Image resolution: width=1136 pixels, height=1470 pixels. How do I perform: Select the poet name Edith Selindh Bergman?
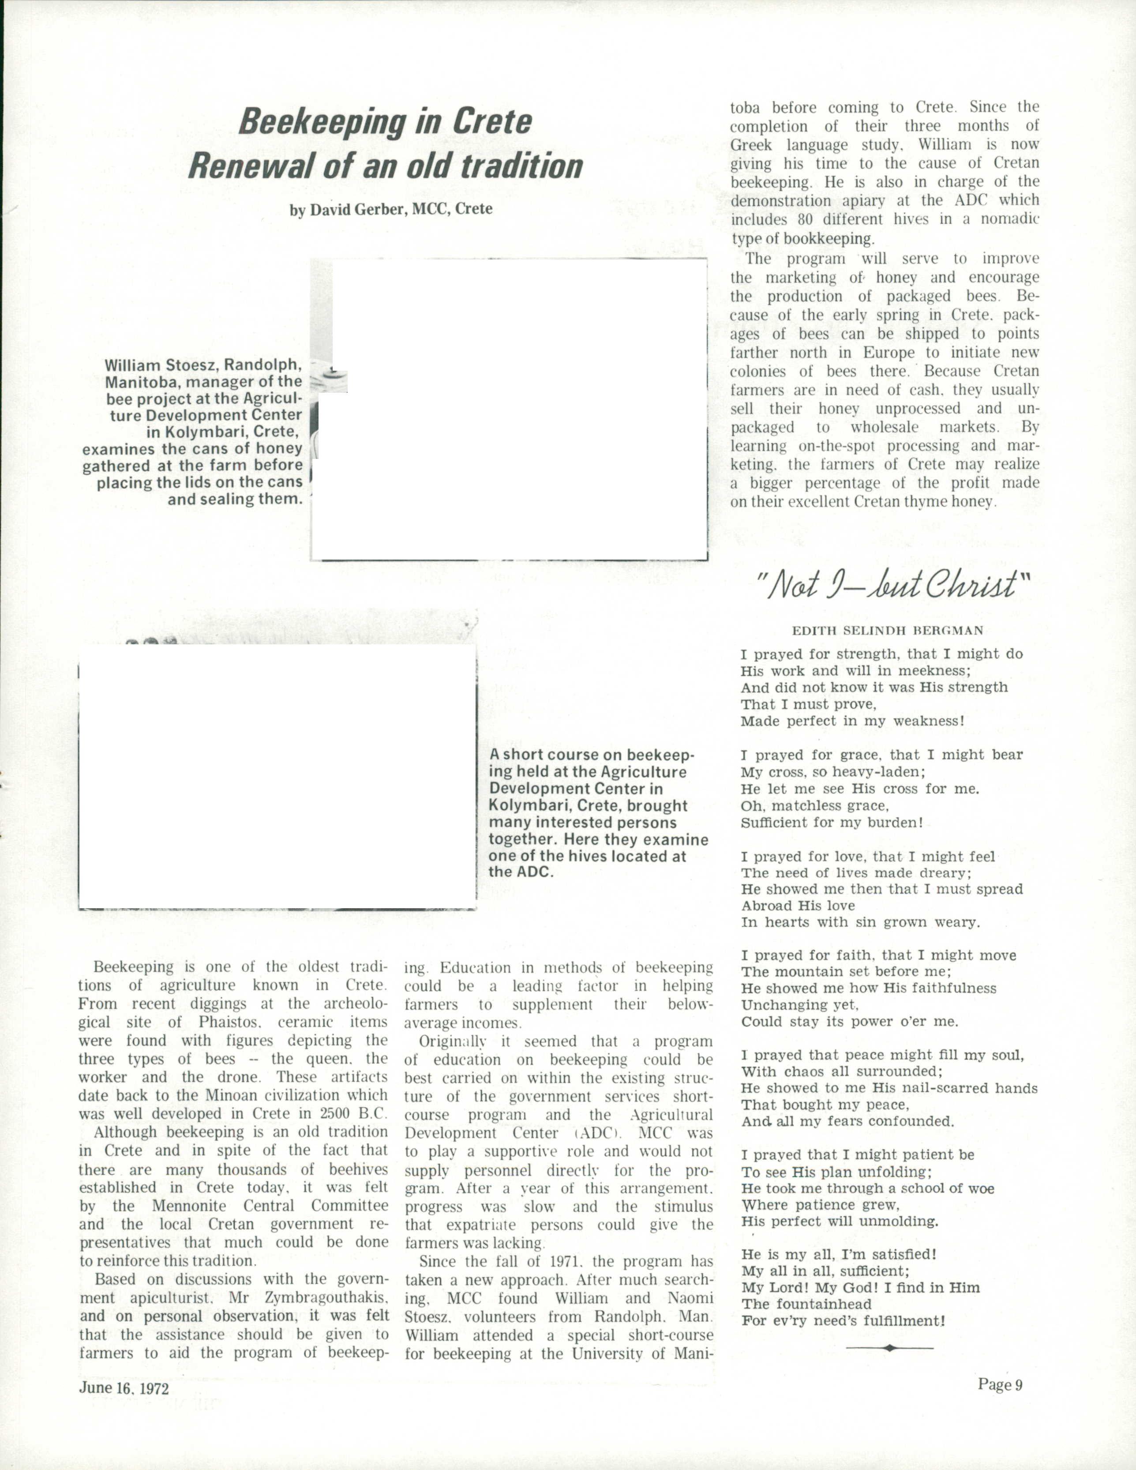pyautogui.click(x=888, y=631)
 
